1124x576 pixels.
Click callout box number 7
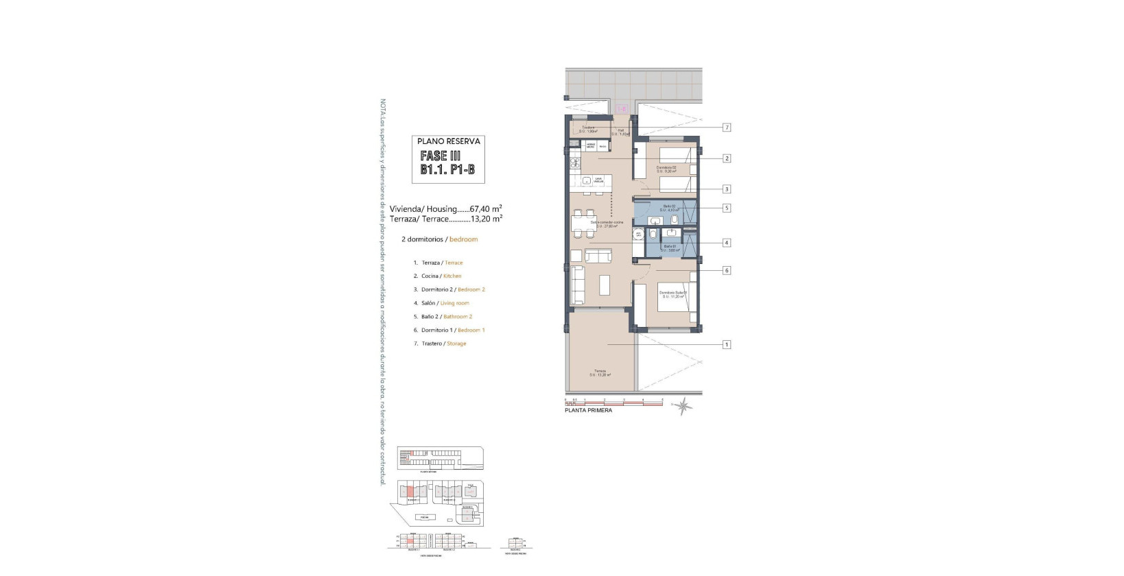[727, 128]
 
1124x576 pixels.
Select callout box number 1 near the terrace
[727, 344]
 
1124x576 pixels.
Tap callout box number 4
[727, 243]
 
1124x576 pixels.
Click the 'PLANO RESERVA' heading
[449, 141]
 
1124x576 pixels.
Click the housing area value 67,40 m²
[486, 208]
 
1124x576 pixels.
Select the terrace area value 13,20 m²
[486, 219]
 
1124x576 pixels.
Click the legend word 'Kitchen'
[452, 276]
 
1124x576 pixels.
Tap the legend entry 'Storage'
[456, 344]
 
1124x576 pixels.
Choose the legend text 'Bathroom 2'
[458, 317]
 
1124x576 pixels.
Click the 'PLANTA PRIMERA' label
[588, 410]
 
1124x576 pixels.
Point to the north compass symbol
[682, 407]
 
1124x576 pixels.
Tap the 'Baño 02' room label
[668, 206]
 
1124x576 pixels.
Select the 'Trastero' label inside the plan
[588, 128]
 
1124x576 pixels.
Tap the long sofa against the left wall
[577, 286]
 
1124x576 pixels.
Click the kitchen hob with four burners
[574, 164]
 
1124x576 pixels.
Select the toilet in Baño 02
[675, 220]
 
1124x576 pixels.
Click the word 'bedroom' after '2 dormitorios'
[463, 239]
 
